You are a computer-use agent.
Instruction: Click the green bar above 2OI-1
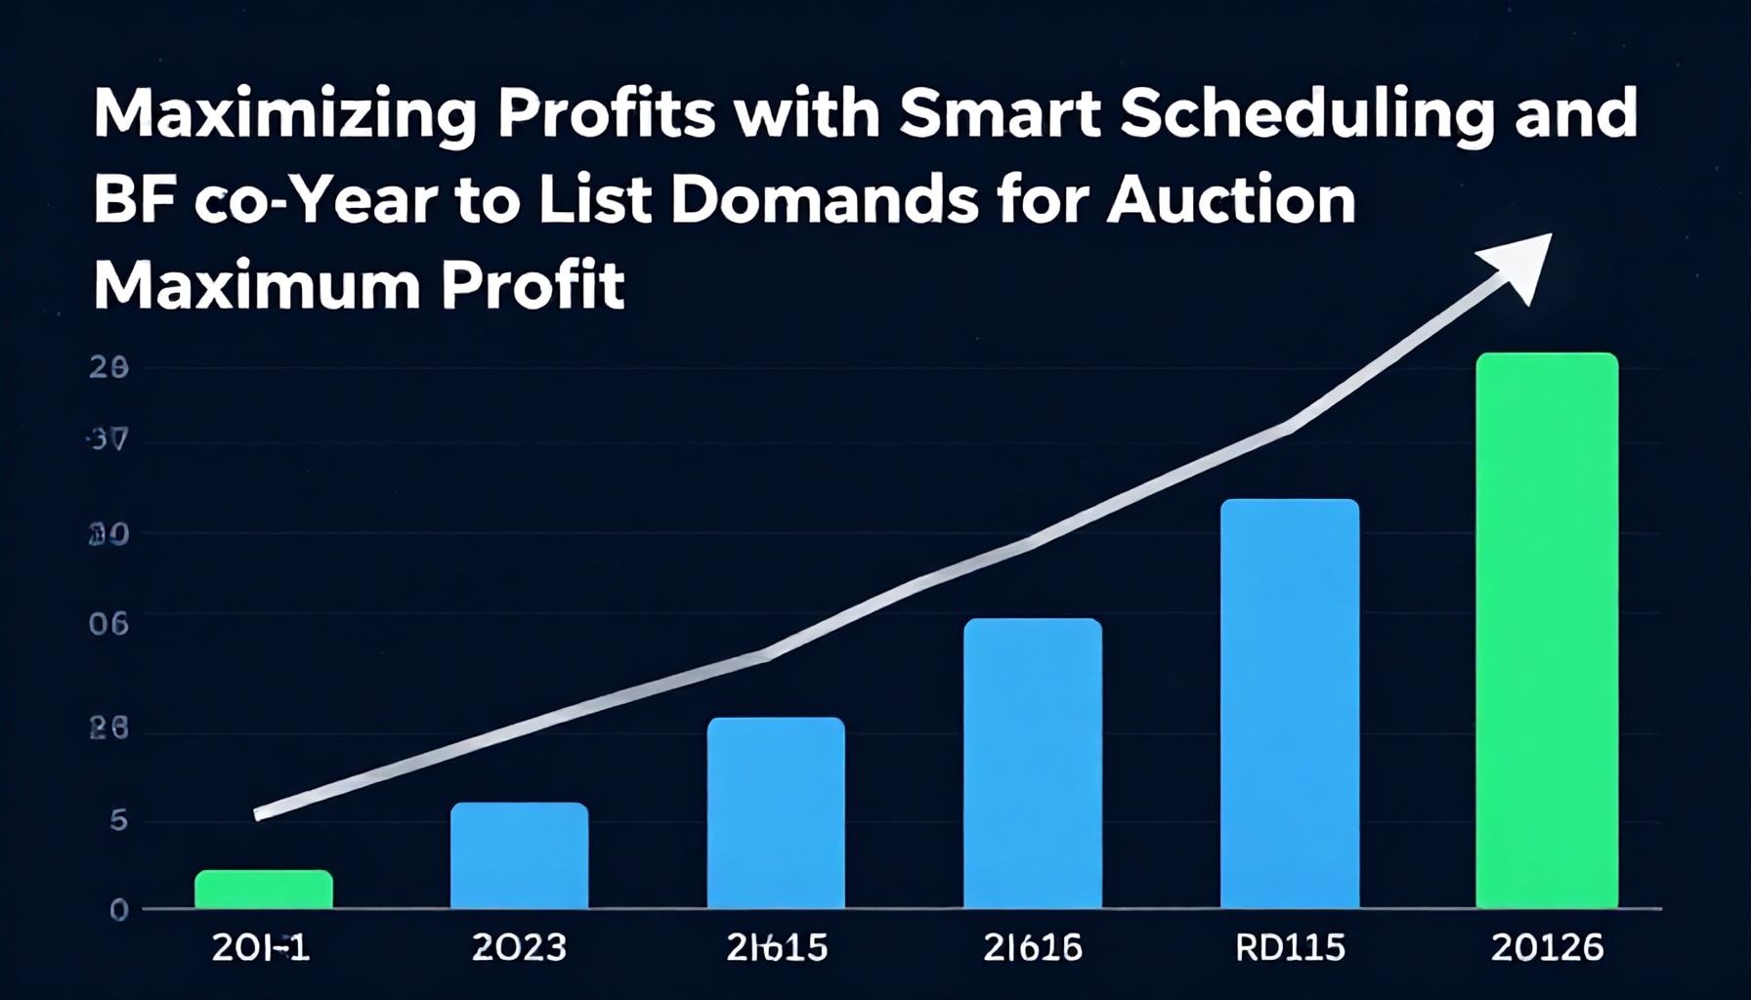point(264,890)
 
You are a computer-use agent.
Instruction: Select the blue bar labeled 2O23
point(519,855)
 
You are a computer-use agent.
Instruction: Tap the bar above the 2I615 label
point(776,812)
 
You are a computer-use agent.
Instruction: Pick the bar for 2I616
point(1033,764)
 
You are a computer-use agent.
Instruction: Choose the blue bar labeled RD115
point(1290,704)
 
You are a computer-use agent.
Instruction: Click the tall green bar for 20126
point(1547,631)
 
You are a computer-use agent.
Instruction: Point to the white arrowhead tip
point(1549,236)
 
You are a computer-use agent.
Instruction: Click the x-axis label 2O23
point(519,947)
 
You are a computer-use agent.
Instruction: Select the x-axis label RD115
point(1290,947)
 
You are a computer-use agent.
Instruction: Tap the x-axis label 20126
point(1548,947)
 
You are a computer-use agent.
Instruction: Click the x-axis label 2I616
point(1033,947)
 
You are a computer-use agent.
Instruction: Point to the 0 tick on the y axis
point(118,910)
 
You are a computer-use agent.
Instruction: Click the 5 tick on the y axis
point(118,820)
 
